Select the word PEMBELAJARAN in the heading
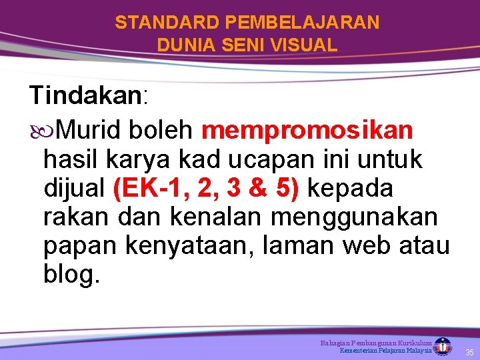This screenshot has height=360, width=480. click(x=303, y=23)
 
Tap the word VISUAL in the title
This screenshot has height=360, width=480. click(x=305, y=45)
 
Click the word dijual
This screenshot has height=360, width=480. click(x=74, y=189)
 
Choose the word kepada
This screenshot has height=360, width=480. click(x=349, y=189)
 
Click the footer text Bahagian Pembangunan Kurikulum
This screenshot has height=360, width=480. click(x=375, y=343)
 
